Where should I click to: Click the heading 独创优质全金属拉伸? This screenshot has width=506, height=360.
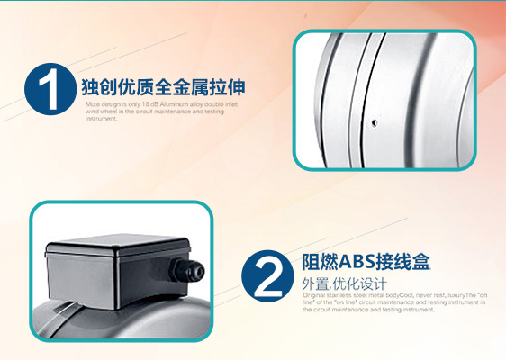click(x=163, y=88)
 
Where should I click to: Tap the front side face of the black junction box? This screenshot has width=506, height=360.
click(x=108, y=274)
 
